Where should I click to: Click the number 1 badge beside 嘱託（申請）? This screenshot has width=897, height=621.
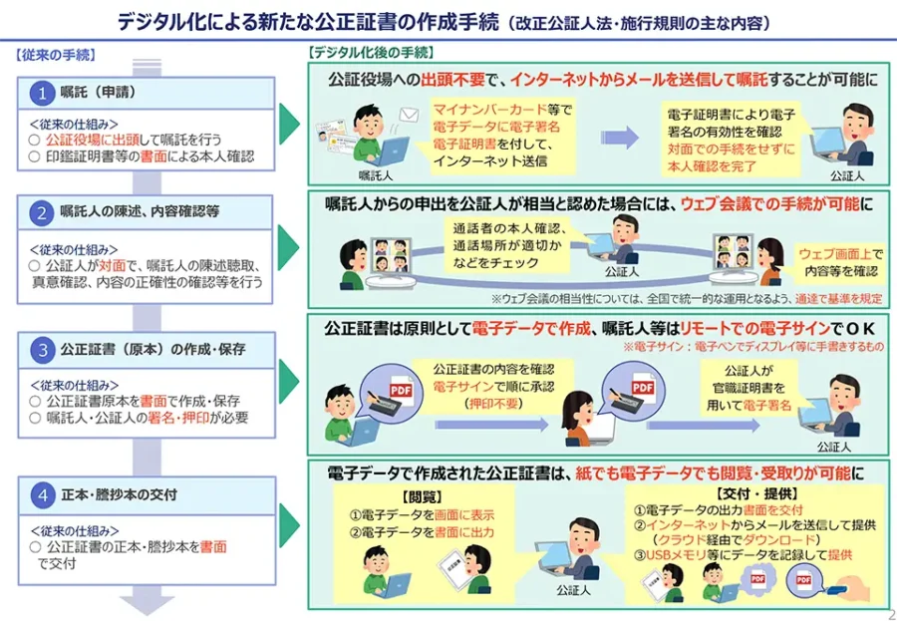tap(42, 94)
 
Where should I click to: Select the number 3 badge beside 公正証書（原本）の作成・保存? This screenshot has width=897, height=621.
tap(42, 350)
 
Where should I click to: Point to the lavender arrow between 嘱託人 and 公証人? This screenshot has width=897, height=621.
tap(619, 139)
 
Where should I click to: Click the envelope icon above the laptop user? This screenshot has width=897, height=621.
tap(408, 116)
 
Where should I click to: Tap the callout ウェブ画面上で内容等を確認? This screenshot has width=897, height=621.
tap(838, 262)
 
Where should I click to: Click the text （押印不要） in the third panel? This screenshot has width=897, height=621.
tap(472, 404)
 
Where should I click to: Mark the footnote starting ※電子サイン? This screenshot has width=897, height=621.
tap(753, 346)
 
